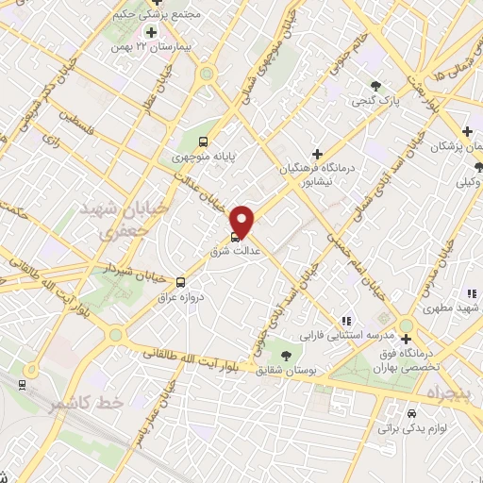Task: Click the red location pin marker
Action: pyautogui.click(x=242, y=221)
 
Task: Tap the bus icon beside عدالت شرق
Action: pyautogui.click(x=235, y=238)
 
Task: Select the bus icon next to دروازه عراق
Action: pyautogui.click(x=181, y=281)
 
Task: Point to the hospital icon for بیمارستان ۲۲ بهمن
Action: pyautogui.click(x=150, y=33)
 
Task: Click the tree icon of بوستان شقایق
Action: pyautogui.click(x=286, y=355)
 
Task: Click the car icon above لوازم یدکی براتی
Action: pyautogui.click(x=411, y=413)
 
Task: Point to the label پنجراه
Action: pyautogui.click(x=455, y=390)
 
